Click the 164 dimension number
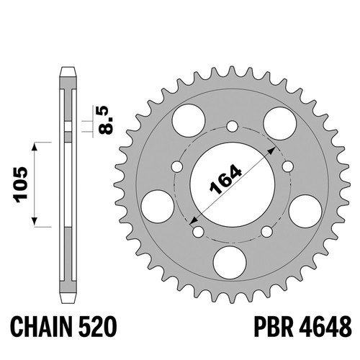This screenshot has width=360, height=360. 225,179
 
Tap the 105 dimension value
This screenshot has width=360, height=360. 20,184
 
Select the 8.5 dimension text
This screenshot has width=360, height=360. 106,120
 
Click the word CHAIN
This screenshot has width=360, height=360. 41,327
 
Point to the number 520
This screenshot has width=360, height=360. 97,327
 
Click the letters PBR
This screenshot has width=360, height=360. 274,327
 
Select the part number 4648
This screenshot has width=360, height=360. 325,327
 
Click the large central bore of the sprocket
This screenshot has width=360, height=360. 232,184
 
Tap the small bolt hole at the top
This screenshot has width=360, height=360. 232,126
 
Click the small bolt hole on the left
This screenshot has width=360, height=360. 177,166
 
